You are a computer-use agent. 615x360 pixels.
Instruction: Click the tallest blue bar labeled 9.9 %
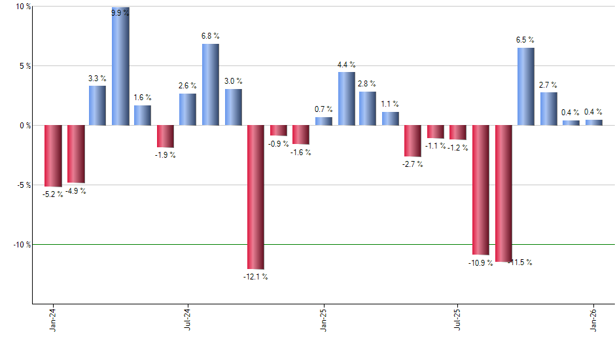tap(120, 66)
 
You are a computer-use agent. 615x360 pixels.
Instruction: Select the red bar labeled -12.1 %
tap(256, 197)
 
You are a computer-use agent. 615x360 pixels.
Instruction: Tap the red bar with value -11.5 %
tap(504, 193)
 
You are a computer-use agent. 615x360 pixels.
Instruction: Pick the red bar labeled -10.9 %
tap(481, 190)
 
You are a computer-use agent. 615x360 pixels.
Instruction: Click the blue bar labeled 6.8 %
tap(211, 84)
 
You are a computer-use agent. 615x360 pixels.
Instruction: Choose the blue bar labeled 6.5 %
tap(526, 86)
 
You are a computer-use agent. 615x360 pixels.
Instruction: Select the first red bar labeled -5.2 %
tap(53, 156)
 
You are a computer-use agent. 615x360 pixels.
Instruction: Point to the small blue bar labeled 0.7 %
tap(324, 121)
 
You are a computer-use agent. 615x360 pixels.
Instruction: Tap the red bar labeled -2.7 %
tap(413, 141)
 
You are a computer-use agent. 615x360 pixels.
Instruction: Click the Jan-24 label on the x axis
tap(53, 319)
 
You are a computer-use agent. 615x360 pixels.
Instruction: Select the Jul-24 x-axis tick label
tap(188, 319)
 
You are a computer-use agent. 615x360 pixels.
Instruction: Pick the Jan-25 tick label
tap(324, 319)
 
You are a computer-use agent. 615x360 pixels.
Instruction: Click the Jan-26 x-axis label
tap(594, 319)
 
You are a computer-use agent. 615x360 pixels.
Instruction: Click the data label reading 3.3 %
tap(97, 79)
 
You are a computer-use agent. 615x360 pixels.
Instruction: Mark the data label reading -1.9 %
tap(166, 155)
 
